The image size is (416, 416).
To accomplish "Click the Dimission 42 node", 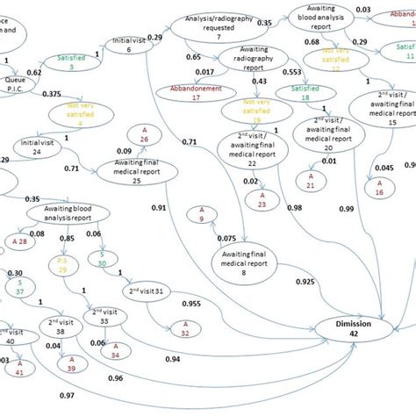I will click(354, 329).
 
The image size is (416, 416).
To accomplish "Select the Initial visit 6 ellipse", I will click(129, 46).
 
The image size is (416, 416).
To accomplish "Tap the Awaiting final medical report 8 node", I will click(240, 261).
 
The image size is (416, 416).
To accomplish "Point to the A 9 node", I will click(200, 214).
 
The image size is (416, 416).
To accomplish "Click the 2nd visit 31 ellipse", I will click(151, 292).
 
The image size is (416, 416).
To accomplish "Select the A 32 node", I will click(182, 328).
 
